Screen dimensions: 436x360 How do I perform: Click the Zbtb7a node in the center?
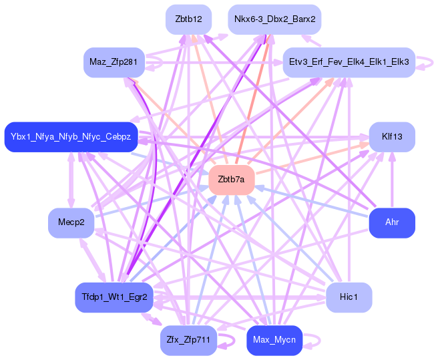232,180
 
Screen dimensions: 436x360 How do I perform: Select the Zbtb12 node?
188,19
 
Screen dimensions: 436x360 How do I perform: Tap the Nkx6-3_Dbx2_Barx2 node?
274,19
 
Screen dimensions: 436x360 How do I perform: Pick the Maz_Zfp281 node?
114,62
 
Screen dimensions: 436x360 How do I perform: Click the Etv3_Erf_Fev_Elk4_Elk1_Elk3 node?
349,62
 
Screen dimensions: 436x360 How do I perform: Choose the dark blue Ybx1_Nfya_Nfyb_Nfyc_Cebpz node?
71,137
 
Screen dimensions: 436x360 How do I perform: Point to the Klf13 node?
392,137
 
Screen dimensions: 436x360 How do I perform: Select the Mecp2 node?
71,222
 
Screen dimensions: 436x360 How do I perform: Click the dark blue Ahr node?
392,222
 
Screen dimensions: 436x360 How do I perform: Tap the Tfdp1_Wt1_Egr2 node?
114,297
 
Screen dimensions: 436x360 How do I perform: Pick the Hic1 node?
349,297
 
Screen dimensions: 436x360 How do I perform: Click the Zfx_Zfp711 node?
188,340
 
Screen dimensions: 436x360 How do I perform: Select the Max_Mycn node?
274,340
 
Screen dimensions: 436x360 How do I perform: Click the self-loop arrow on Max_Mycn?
320,340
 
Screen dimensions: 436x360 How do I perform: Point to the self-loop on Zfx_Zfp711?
234,340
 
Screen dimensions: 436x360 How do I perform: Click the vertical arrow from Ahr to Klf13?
392,180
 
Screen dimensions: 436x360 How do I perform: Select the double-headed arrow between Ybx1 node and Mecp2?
71,180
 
